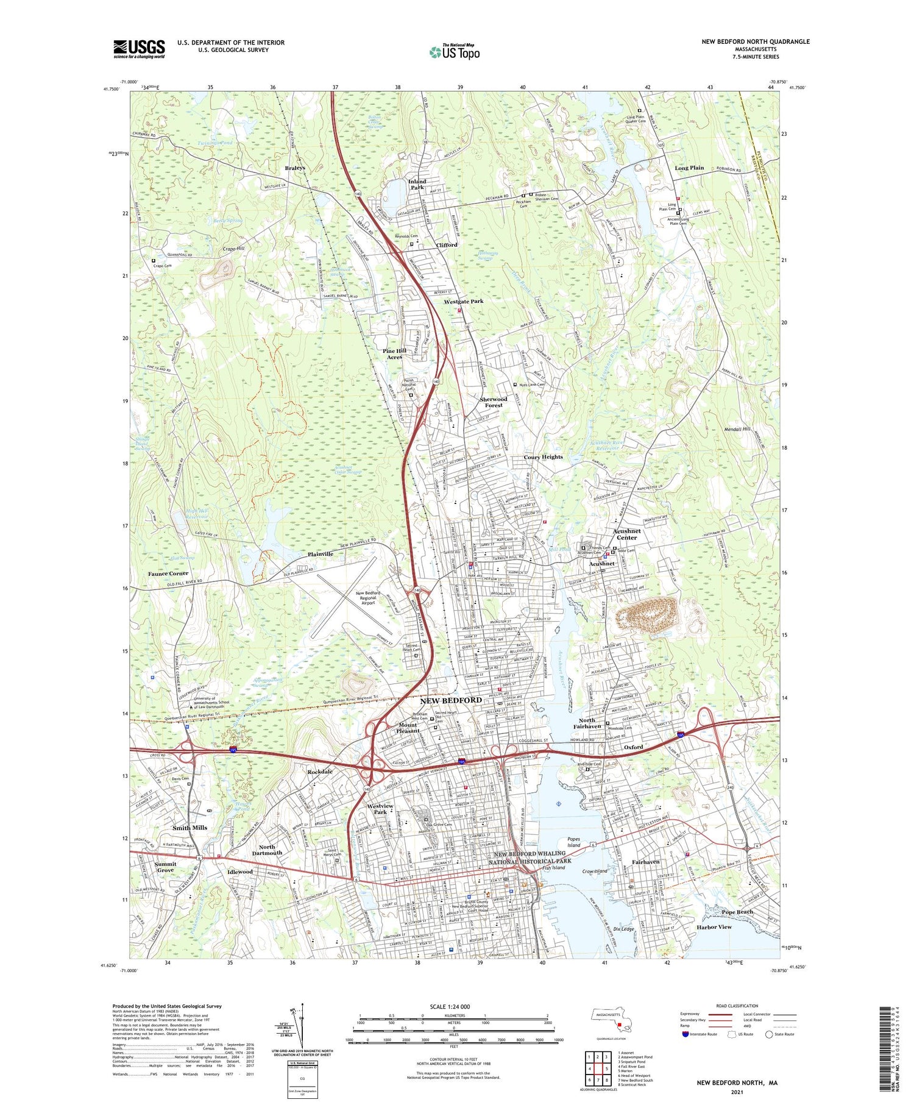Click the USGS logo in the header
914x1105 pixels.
[x=139, y=49]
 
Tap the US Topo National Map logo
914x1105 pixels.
[x=455, y=52]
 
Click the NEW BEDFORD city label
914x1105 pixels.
[x=451, y=700]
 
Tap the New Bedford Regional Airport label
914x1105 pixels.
[x=368, y=597]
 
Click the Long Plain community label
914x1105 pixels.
[x=689, y=168]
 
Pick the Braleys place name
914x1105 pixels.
[x=295, y=168]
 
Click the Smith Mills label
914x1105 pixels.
[x=190, y=828]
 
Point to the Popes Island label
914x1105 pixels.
[x=573, y=843]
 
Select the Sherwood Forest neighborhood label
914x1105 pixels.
[x=494, y=402]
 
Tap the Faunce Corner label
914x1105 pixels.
[x=168, y=574]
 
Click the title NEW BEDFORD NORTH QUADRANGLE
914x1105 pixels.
[x=756, y=41]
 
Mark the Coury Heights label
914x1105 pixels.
[x=544, y=457]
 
